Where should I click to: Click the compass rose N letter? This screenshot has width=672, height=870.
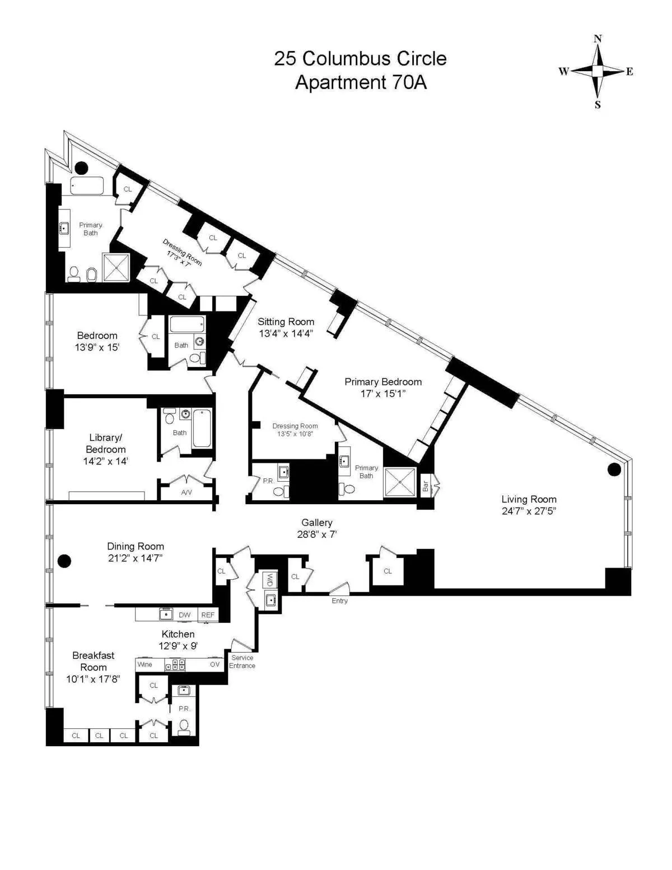(598, 39)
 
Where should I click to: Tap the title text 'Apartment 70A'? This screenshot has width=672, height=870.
(361, 82)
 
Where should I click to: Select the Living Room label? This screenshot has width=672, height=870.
(529, 499)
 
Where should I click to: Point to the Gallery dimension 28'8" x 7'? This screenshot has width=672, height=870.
(317, 534)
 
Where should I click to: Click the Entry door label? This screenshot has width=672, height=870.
(339, 601)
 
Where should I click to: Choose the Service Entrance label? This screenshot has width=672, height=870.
(242, 662)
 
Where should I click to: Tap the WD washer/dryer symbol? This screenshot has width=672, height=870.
(270, 580)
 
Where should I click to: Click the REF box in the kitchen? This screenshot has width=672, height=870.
(208, 615)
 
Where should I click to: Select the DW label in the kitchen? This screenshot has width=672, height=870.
(184, 615)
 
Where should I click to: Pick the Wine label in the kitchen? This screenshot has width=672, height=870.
(145, 664)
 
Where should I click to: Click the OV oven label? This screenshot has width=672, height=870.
(215, 664)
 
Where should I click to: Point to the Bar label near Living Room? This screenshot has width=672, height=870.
(426, 486)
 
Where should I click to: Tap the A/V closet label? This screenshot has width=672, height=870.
(186, 492)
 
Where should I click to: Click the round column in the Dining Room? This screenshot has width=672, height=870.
(64, 560)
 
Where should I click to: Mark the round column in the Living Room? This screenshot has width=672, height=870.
(614, 469)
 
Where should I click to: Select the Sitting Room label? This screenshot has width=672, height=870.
(286, 322)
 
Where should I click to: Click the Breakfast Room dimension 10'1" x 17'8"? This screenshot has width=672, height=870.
(93, 679)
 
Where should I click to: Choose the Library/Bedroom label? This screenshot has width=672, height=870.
(105, 443)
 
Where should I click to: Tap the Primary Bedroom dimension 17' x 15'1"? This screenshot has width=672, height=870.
(383, 394)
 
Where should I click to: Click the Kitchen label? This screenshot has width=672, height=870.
(178, 634)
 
